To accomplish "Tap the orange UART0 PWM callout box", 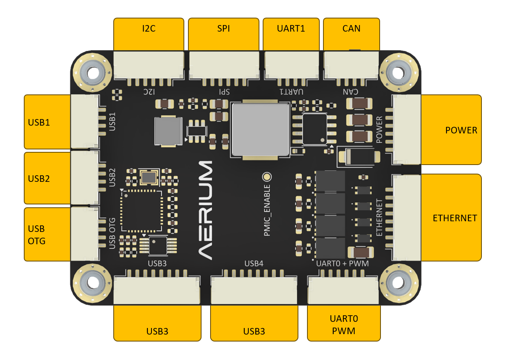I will point(344,324).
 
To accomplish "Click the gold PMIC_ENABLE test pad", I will point(267,177).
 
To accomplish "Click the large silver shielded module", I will point(260,129).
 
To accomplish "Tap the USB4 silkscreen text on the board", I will point(254,263).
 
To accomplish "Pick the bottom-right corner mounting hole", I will point(398,283).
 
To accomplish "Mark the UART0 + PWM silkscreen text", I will point(342,263).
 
